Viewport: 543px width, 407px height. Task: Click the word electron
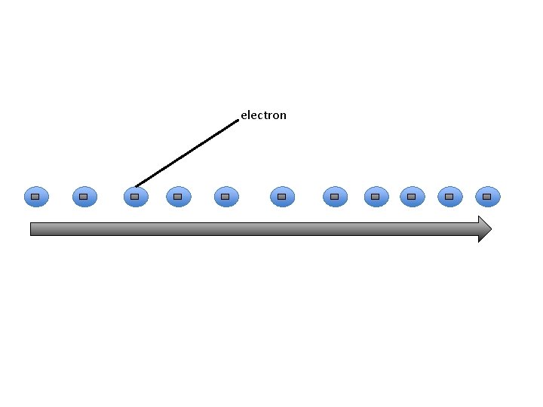263,115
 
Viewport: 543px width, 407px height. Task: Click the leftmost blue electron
36,197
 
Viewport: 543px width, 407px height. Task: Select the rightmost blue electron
487,197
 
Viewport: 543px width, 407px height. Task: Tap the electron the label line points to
135,197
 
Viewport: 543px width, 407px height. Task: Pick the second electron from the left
84,197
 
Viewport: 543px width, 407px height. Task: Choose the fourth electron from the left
178,197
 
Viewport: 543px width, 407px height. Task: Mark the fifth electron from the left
226,197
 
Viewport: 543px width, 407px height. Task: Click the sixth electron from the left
282,197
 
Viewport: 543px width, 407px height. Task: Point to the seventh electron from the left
335,197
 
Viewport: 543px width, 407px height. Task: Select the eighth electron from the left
376,197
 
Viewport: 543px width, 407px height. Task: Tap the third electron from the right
412,197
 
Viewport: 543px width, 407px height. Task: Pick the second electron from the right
449,197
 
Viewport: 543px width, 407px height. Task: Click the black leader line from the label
186,152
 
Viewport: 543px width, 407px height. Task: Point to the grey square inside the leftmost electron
36,197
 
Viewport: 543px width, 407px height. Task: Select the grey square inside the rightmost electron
487,197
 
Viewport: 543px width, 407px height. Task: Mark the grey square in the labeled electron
135,197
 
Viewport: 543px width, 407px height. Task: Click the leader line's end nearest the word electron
237,121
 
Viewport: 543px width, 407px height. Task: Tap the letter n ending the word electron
283,116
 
